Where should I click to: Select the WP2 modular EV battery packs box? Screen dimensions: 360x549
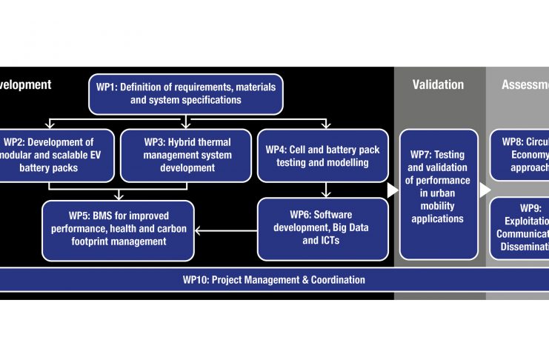pos(56,155)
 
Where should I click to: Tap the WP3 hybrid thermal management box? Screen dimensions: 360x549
pos(185,155)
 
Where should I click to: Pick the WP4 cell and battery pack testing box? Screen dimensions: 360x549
pos(322,155)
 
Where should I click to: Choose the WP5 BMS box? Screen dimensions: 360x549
pos(118,230)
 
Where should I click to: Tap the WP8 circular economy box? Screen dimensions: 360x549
pos(522,155)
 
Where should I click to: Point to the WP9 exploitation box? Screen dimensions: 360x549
pos(522,228)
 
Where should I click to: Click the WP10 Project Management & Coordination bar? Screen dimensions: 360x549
pos(274,280)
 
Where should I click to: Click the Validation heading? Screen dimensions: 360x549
pos(438,84)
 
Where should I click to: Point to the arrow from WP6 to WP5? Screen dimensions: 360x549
pos(226,229)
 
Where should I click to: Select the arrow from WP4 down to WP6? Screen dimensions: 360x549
pos(327,190)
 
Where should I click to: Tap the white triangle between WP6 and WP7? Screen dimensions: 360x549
pos(393,190)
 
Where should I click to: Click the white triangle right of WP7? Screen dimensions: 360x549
pos(485,190)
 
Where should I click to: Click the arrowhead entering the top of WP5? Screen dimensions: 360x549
pos(119,196)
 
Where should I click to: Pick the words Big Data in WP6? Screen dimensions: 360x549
pos(348,228)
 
